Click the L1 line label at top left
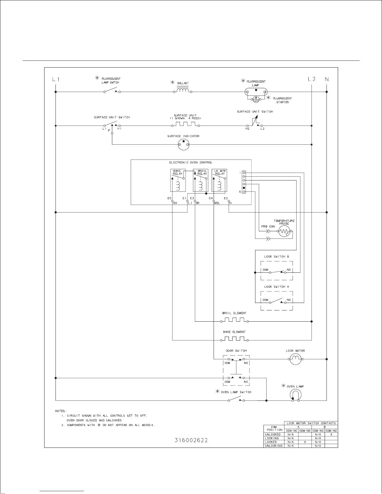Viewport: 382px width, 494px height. (56, 79)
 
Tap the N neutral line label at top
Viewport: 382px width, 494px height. (326, 79)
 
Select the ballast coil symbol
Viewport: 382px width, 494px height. (183, 90)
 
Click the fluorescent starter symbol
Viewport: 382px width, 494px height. (256, 99)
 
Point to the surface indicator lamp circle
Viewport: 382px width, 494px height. (183, 144)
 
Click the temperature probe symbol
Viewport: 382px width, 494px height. (284, 232)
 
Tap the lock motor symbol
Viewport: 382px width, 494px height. (295, 359)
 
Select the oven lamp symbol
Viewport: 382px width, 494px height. (296, 395)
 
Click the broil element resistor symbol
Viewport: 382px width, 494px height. (235, 320)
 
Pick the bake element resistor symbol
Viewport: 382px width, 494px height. (235, 339)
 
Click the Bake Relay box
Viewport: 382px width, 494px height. (178, 180)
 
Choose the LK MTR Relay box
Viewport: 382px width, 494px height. (219, 180)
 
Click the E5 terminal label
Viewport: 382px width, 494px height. (169, 198)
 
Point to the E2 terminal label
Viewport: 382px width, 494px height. (226, 198)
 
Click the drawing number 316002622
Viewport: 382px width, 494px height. (191, 440)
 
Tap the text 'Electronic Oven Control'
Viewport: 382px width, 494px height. (191, 163)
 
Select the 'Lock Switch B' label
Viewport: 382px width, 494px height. (277, 257)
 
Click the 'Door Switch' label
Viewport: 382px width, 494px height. (236, 351)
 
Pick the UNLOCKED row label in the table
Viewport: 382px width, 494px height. (273, 434)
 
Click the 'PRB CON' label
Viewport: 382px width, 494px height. (268, 226)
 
